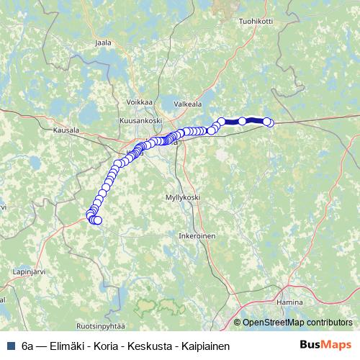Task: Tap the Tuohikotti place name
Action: point(256,21)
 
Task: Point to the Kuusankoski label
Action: point(141,120)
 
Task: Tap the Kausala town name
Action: point(66,130)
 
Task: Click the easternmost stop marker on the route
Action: point(269,123)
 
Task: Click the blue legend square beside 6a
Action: point(10,346)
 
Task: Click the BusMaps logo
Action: point(325,346)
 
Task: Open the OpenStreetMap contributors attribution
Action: point(297,323)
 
